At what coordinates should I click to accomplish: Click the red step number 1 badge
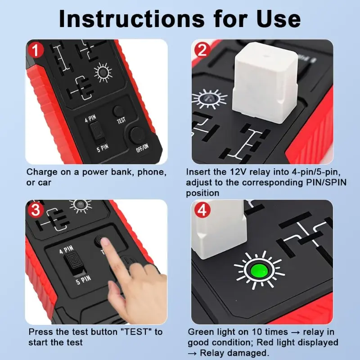pos(36,50)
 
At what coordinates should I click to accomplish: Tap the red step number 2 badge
pos(202,50)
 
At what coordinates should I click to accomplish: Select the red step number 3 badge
pos(36,210)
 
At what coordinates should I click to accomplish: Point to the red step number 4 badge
pos(202,210)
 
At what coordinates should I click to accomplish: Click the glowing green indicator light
pos(259,270)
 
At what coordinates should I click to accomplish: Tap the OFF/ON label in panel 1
pos(142,148)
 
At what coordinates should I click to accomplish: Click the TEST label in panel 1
pos(121,120)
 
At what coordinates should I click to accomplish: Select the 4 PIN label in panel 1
pos(90,119)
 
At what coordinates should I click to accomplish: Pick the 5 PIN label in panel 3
pos(84,280)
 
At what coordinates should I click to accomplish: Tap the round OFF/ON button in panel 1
pos(137,135)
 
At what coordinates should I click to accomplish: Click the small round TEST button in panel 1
pos(118,111)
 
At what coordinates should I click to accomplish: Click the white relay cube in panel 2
pos(265,82)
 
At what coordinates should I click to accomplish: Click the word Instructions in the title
pos(131,19)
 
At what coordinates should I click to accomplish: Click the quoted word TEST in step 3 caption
pos(136,332)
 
